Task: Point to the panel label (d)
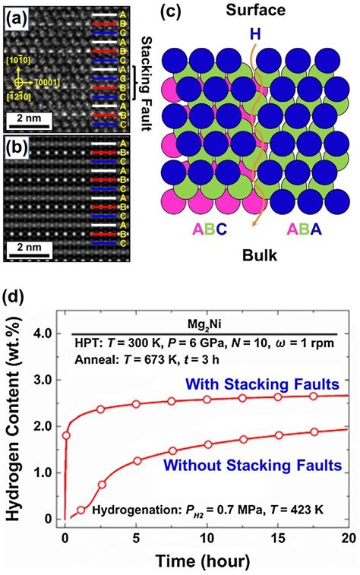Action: (18, 294)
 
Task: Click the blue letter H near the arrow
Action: (255, 35)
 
